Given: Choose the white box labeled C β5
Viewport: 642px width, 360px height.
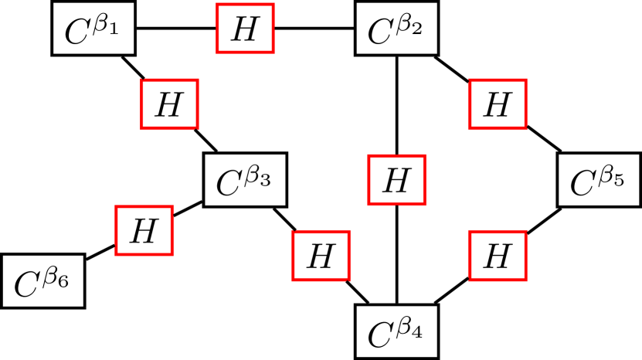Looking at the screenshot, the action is (x=595, y=181).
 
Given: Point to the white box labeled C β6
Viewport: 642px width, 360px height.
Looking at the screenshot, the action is (x=42, y=281).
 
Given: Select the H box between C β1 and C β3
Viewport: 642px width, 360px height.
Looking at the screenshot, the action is (x=169, y=104).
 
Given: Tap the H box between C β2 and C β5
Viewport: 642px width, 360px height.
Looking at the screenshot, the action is (x=498, y=104).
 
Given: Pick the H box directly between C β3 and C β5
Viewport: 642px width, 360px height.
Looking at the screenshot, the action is (x=396, y=181).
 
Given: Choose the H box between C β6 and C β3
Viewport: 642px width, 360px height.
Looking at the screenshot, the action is (x=144, y=230).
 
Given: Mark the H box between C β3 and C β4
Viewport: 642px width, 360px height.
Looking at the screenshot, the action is (x=321, y=256).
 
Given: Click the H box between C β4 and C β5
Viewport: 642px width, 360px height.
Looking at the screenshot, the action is (x=498, y=256).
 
